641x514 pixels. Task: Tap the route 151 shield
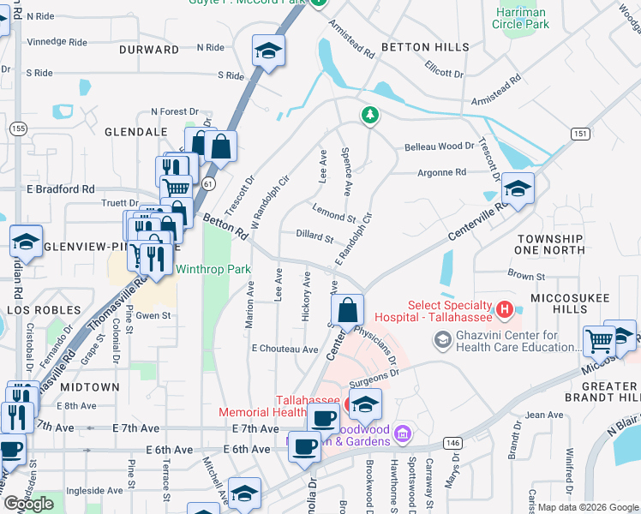coord(579,134)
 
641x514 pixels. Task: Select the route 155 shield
coord(17,128)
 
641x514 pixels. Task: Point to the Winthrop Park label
coord(213,269)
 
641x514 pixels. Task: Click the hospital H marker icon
coord(505,308)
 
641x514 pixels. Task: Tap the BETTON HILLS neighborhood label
coord(425,47)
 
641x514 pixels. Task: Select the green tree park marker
coord(369,115)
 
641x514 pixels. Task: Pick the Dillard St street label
coord(314,237)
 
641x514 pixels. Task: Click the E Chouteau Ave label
coord(285,350)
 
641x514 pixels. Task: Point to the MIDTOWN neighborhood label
coord(89,387)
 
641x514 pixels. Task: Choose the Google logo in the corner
coord(29,504)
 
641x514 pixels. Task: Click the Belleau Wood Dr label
coord(439,146)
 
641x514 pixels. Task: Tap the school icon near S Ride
coord(268,52)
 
